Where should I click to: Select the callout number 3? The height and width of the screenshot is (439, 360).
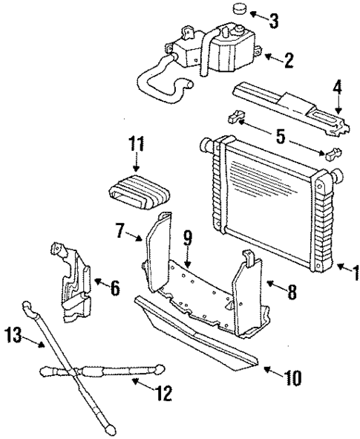coord(274,20)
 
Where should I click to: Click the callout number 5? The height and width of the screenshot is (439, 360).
coord(282,137)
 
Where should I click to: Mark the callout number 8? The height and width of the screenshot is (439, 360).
coord(292,292)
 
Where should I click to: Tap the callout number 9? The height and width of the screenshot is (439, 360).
coord(188,240)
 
